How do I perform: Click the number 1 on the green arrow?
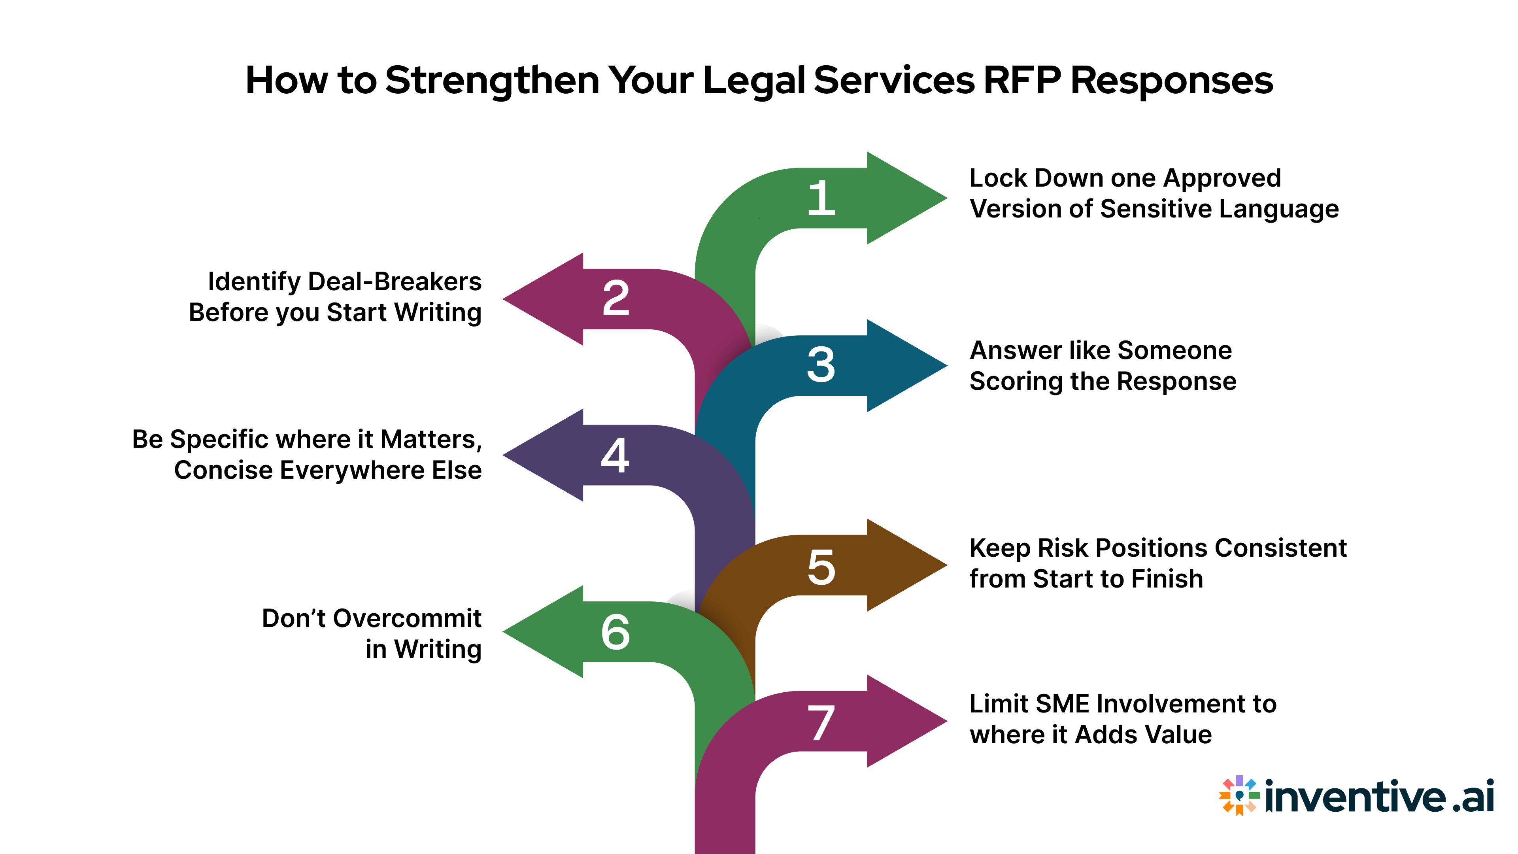(821, 198)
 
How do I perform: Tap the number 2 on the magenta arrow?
(616, 299)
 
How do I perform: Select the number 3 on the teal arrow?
(821, 365)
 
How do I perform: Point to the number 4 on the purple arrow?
(615, 455)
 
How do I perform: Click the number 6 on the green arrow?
(616, 633)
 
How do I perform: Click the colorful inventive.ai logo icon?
(1239, 795)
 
